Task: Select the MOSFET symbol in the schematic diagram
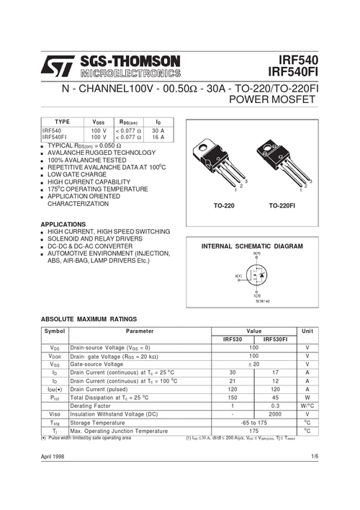pyautogui.click(x=257, y=277)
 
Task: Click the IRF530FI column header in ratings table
pyautogui.click(x=274, y=339)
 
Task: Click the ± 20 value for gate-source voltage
pyautogui.click(x=253, y=364)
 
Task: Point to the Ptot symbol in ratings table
pyautogui.click(x=55, y=397)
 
